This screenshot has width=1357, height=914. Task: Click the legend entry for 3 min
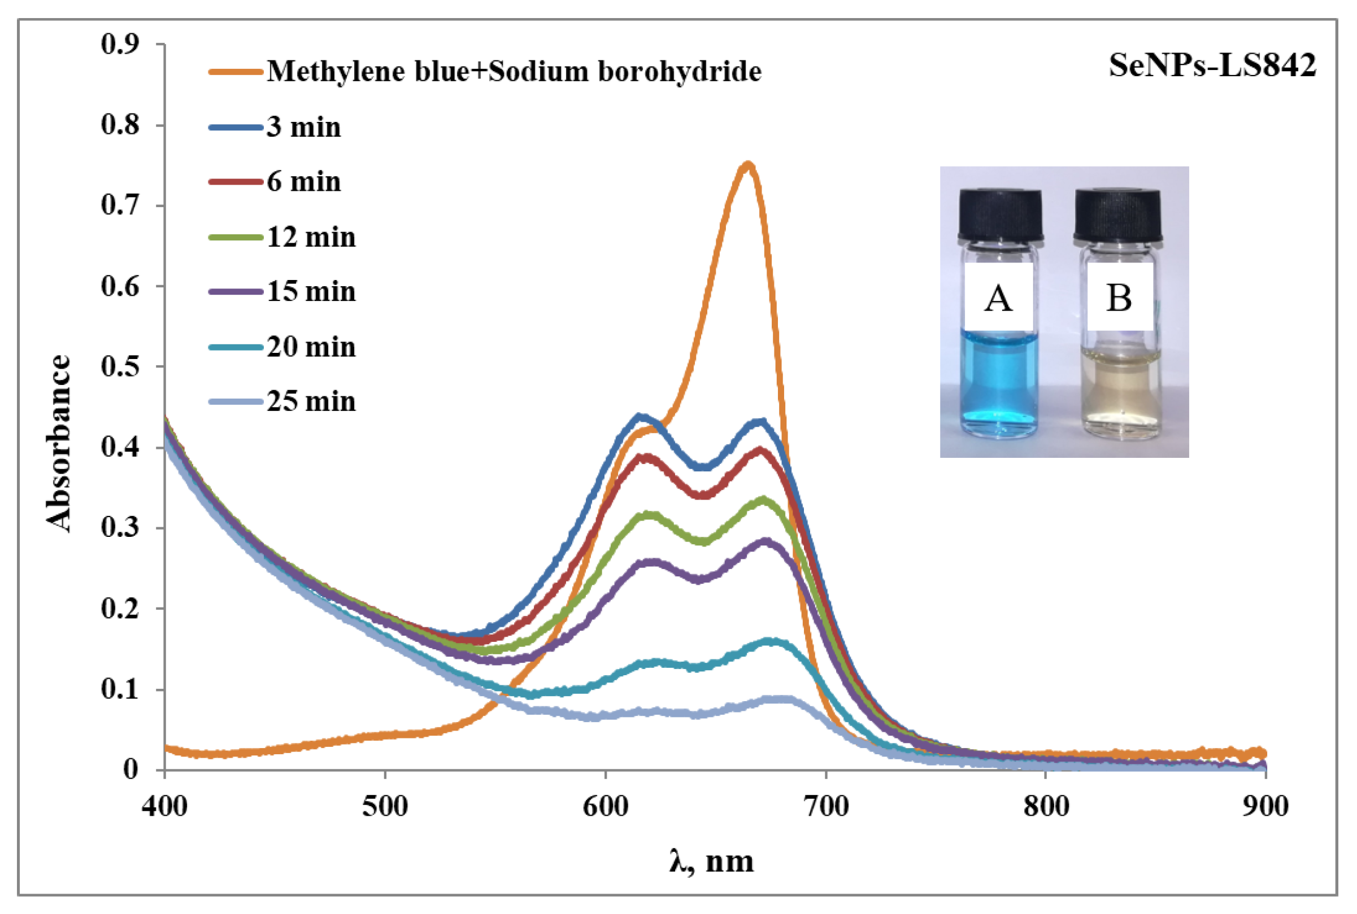pyautogui.click(x=303, y=127)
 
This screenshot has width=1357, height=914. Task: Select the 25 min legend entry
pyautogui.click(x=311, y=401)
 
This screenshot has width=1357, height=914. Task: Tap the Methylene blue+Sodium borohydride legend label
pyautogui.click(x=514, y=72)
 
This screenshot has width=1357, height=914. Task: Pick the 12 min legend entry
pyautogui.click(x=311, y=237)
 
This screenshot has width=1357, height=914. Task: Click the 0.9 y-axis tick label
pyautogui.click(x=120, y=43)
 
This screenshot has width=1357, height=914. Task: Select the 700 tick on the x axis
pyautogui.click(x=826, y=807)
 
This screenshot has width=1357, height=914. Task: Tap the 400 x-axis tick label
pyautogui.click(x=164, y=807)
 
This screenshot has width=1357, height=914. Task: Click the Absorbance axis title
pyautogui.click(x=58, y=443)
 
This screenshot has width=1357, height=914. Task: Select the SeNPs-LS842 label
pyautogui.click(x=1212, y=65)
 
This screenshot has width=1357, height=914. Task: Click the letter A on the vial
pyautogui.click(x=998, y=299)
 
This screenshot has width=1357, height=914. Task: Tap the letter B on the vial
pyautogui.click(x=1119, y=299)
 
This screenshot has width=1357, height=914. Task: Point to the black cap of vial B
pyautogui.click(x=1117, y=214)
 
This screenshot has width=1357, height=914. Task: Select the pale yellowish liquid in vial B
pyautogui.click(x=1120, y=391)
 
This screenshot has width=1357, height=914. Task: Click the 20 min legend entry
pyautogui.click(x=311, y=347)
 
